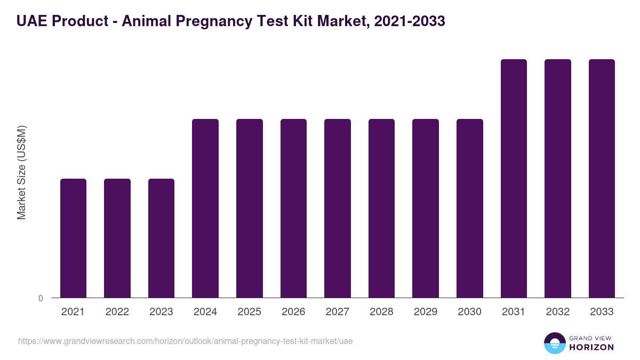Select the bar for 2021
point(73,238)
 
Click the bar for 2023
point(161,238)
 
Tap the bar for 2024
point(205,208)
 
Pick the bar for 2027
point(338,208)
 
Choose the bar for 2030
point(470,208)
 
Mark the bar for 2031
point(514,178)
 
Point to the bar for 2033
point(602,178)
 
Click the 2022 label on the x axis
point(117,312)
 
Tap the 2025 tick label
point(249,312)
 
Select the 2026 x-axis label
point(293,312)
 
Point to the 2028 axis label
point(381,312)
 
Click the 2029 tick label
point(426,312)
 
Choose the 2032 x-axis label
point(557,312)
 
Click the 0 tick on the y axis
point(41,298)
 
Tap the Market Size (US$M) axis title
point(21,172)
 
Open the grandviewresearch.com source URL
point(185,341)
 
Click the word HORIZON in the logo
point(591,347)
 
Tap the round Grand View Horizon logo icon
point(555,343)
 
